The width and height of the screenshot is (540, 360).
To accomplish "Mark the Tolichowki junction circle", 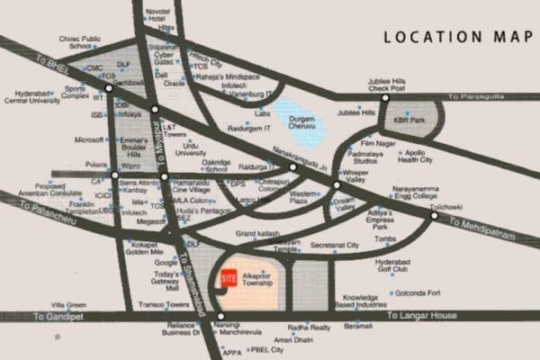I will (x=434, y=216).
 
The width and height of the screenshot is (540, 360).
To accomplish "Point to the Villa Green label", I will (x=69, y=305).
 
